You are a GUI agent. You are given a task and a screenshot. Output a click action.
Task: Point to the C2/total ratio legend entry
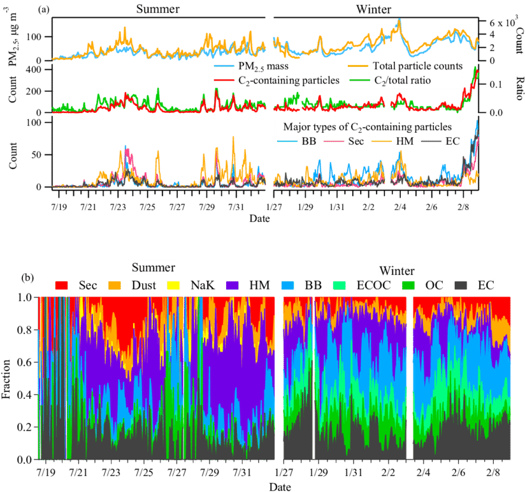tap(410, 80)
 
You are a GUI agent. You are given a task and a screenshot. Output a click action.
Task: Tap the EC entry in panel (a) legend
tap(452, 140)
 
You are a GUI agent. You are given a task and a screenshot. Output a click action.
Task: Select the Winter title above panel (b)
tap(396, 270)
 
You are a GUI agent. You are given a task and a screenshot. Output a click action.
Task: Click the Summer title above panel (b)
tap(153, 266)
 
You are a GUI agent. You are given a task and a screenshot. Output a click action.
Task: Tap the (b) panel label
tap(28, 278)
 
